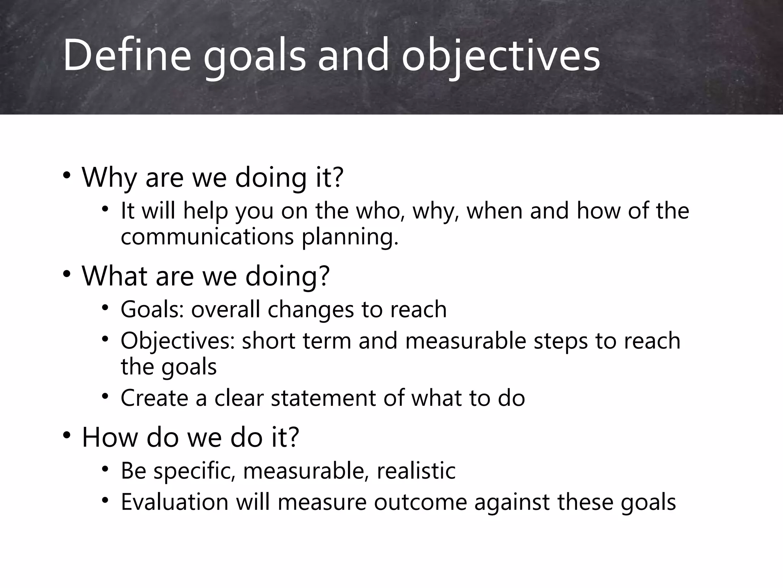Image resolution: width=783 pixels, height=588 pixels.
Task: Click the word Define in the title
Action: tap(127, 56)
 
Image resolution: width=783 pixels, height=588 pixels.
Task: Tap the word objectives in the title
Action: tap(500, 56)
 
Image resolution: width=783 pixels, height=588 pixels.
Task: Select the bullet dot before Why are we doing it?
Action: tap(67, 175)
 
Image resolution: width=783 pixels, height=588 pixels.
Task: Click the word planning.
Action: tap(350, 237)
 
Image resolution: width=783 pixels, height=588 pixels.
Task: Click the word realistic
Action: tap(416, 470)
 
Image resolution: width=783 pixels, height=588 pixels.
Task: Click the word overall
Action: tap(226, 309)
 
